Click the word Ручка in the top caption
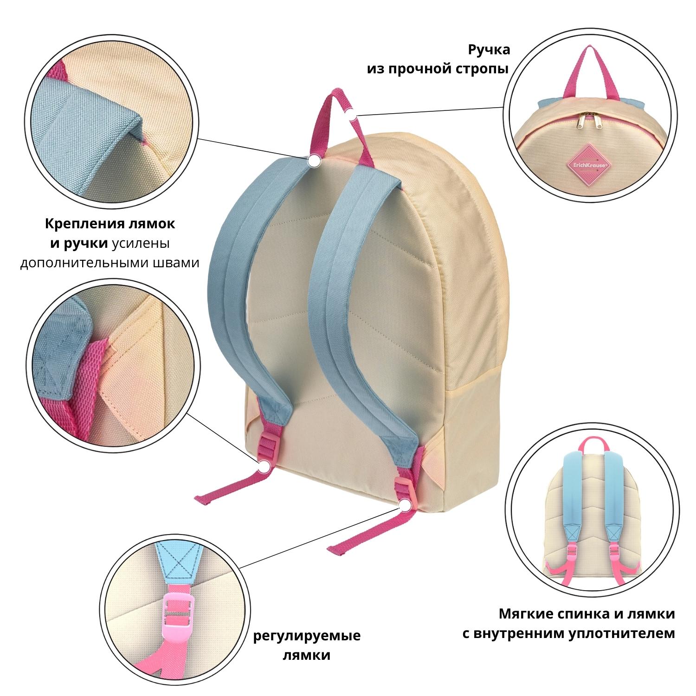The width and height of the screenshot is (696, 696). click(x=489, y=49)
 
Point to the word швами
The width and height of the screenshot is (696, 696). click(x=176, y=263)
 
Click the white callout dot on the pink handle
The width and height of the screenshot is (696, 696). click(x=352, y=113)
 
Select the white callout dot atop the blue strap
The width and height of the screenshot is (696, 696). click(x=314, y=161)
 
